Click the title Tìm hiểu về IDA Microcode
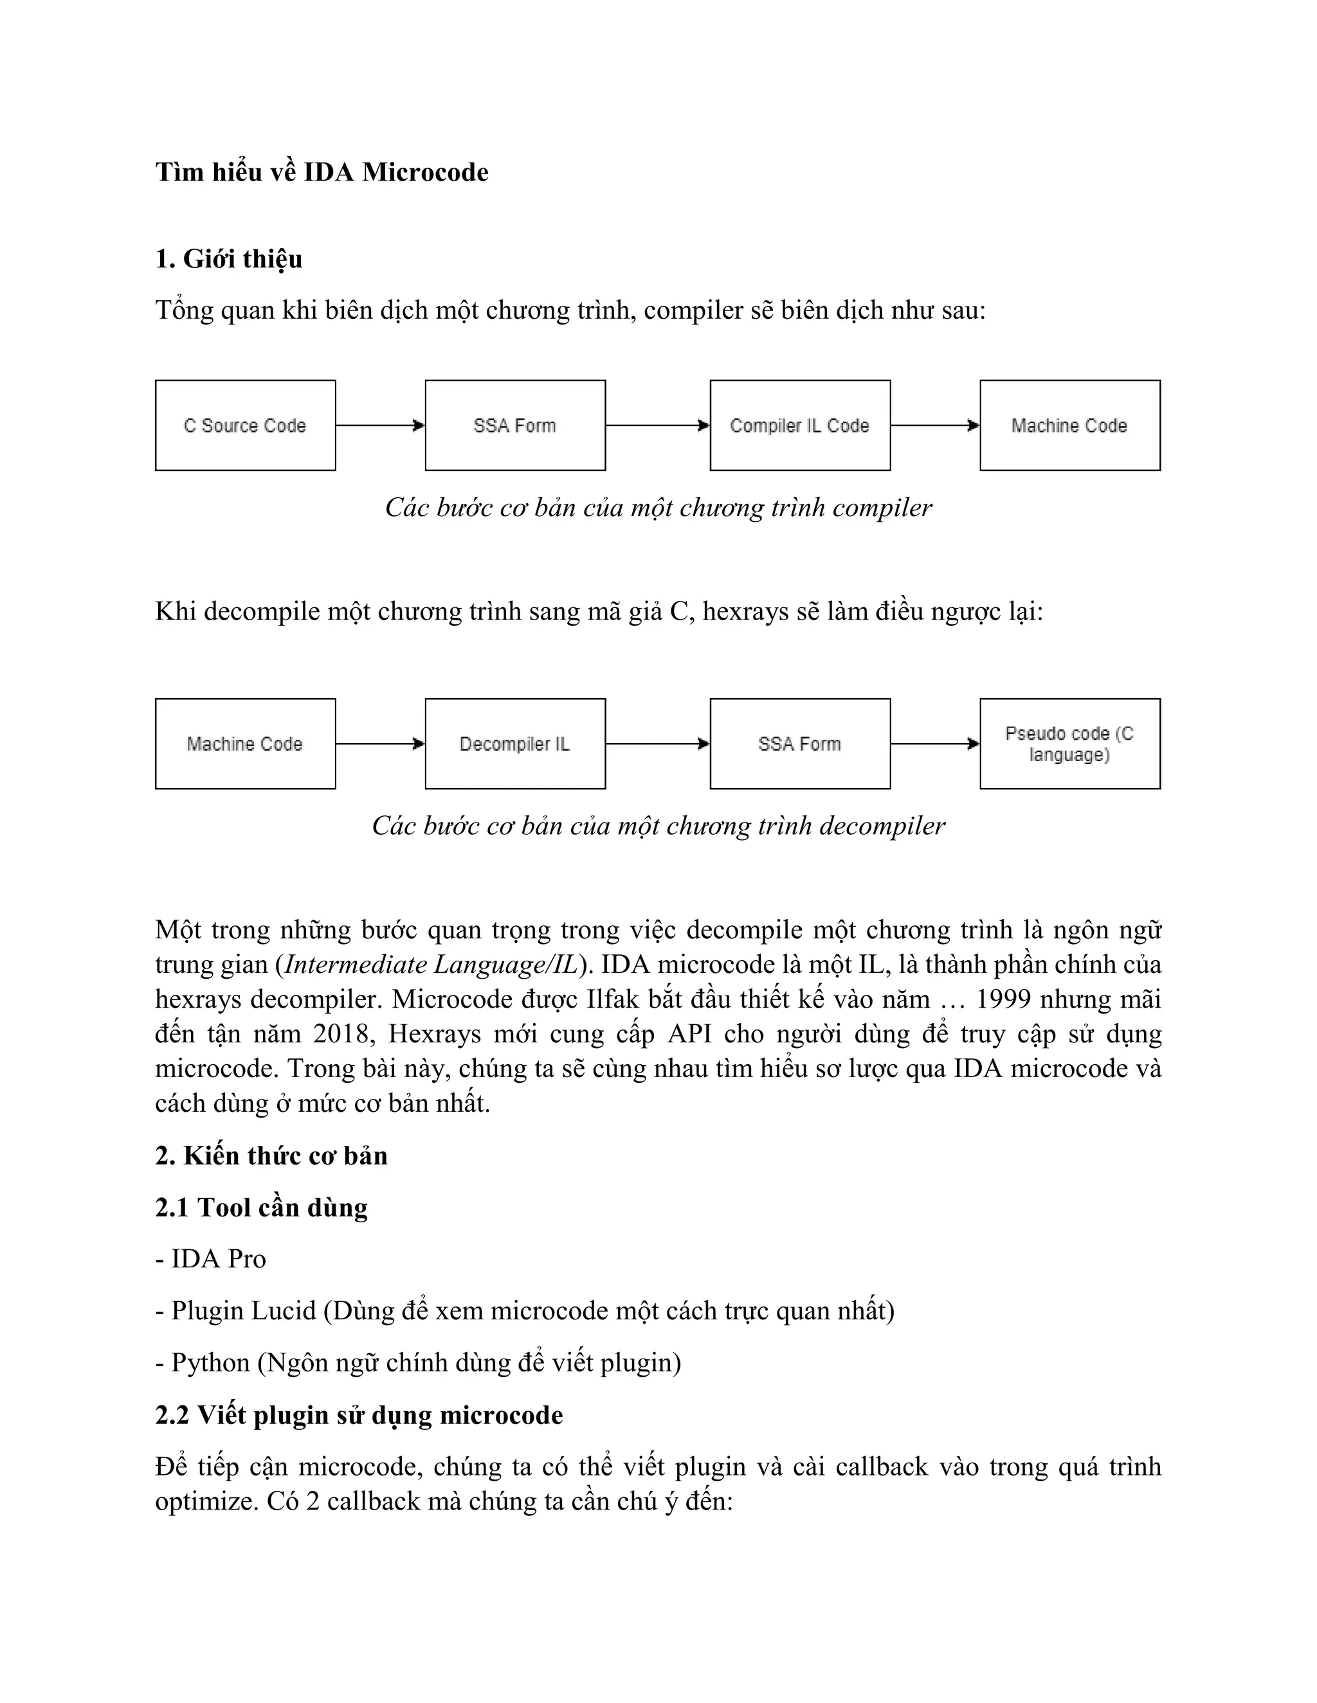click(322, 172)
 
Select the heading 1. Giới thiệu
click(228, 259)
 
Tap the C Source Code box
click(245, 425)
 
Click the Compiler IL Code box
click(800, 425)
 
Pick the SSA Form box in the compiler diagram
click(515, 425)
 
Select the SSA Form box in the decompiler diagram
click(800, 744)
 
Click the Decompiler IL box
click(515, 744)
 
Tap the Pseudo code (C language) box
click(1069, 744)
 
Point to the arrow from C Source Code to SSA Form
click(380, 425)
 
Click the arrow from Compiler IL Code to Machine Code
click(934, 425)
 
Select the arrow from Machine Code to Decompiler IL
click(380, 744)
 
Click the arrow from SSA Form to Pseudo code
click(934, 744)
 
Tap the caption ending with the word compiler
click(658, 508)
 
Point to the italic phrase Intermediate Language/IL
click(431, 965)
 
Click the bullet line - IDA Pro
click(211, 1258)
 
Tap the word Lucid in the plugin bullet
click(282, 1311)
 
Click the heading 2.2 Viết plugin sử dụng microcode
click(359, 1415)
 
